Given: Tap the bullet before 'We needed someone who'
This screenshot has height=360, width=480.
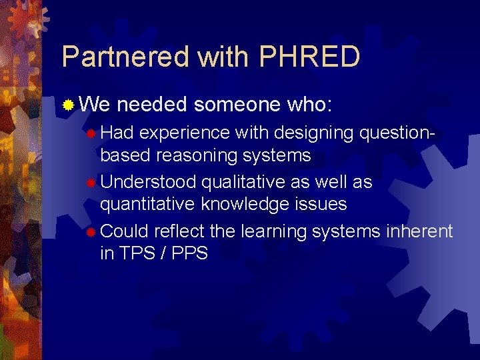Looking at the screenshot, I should click(68, 105).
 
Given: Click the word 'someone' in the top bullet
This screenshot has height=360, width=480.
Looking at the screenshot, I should click(236, 105).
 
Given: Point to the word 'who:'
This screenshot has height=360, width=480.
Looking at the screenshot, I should click(313, 105).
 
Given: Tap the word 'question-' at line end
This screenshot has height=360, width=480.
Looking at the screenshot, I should click(397, 133).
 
